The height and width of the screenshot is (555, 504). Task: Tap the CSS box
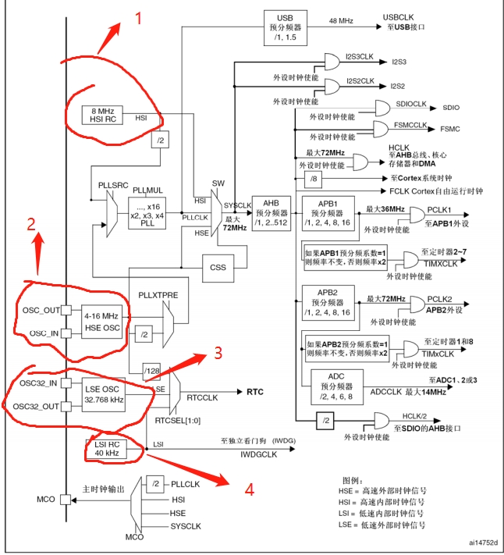coord(218,266)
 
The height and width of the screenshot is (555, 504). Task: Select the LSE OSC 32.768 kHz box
coord(102,396)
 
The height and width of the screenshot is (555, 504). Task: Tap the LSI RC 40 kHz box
coord(103,448)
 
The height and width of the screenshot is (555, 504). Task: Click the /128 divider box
coord(150,368)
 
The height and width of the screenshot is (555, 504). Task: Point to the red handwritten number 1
coord(140,17)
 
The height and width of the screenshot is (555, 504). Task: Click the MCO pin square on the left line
coord(66,495)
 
